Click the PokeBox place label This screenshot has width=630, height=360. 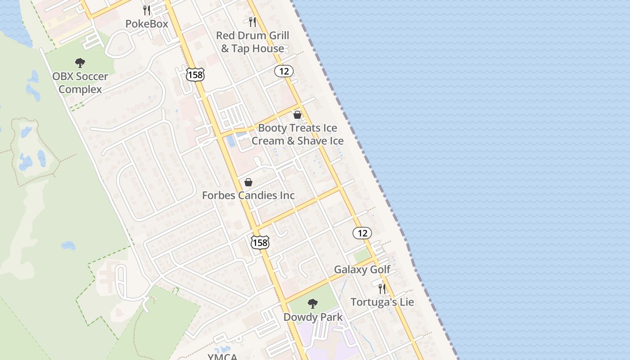point(147,24)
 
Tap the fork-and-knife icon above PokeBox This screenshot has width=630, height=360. point(147,9)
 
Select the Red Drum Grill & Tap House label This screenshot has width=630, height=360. point(252,42)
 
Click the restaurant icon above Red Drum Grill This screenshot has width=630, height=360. point(252,21)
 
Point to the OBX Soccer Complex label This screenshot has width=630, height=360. point(80,83)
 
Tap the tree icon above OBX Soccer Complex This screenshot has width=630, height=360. point(80,63)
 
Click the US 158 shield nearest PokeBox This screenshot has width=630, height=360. point(195,74)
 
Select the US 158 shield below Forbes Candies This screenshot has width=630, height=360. point(260,242)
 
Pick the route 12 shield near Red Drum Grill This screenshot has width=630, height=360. point(284,71)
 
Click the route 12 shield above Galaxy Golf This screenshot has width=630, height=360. point(362,233)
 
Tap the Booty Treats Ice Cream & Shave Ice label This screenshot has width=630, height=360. point(297,134)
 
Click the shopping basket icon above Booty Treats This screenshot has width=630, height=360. point(297,115)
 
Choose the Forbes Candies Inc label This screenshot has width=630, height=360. point(248,195)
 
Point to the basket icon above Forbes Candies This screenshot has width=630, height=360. point(248,182)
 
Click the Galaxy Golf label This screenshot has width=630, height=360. point(362,270)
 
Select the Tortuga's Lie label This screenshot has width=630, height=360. point(382,302)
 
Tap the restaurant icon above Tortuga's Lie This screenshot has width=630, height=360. point(382,288)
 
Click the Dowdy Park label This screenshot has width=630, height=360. point(313,317)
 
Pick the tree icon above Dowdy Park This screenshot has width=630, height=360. point(312,304)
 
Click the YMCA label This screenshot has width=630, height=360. point(222,357)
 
